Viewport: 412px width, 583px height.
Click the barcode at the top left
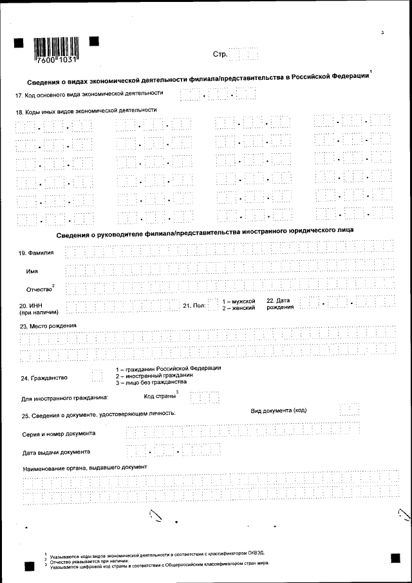pyautogui.click(x=55, y=47)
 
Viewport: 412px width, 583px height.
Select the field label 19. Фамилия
pyautogui.click(x=36, y=253)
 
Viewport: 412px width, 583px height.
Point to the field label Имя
pyautogui.click(x=32, y=271)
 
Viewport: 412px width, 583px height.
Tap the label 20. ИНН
pyautogui.click(x=32, y=305)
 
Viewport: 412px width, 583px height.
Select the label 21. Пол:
pyautogui.click(x=194, y=305)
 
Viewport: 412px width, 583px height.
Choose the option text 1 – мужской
pyautogui.click(x=239, y=301)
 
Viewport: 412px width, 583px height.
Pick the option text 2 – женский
pyautogui.click(x=239, y=309)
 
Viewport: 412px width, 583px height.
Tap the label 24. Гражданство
pyautogui.click(x=44, y=378)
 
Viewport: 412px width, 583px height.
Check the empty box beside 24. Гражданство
pyautogui.click(x=97, y=375)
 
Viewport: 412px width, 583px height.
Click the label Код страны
pyautogui.click(x=160, y=396)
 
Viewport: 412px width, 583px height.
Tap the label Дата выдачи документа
pyautogui.click(x=56, y=452)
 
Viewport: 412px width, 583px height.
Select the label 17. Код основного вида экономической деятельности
pyautogui.click(x=89, y=94)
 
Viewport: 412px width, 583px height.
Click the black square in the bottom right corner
pyautogui.click(x=395, y=558)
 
